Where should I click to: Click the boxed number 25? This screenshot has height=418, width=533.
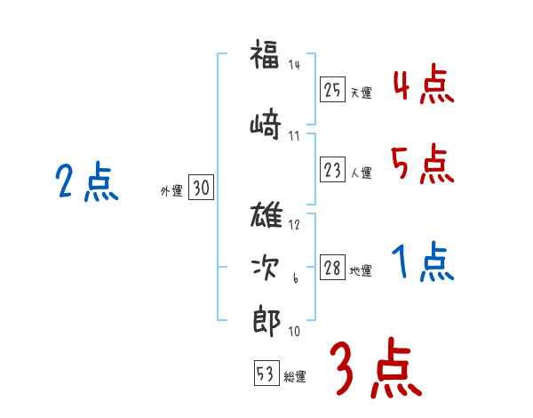pos(332,91)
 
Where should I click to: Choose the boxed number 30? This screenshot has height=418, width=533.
pos(201,189)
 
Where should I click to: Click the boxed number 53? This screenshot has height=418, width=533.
pos(266,374)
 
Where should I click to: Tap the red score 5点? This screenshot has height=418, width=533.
pos(424,165)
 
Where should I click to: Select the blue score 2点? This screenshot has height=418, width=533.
pos(86,184)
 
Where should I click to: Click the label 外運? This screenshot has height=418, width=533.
pos(171,190)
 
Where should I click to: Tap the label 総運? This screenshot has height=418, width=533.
pos(295,377)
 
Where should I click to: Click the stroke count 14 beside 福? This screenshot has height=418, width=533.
pos(294,64)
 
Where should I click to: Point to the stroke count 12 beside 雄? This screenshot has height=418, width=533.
pos(294,224)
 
